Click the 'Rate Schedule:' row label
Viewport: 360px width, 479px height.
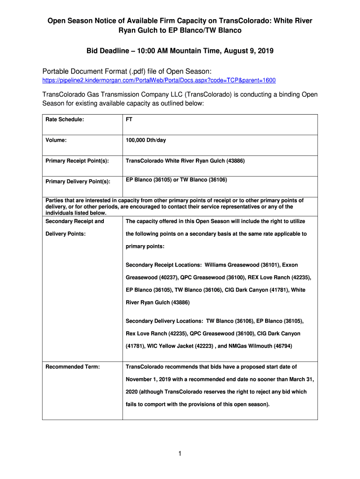click(x=65, y=120)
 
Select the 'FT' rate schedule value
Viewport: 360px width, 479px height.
click(x=129, y=120)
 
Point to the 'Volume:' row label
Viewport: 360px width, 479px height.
click(x=56, y=140)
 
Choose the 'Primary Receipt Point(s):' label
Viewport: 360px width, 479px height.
click(x=77, y=161)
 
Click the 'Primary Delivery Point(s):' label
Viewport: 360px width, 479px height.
click(x=78, y=181)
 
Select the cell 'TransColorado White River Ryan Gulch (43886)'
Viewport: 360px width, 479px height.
click(x=185, y=161)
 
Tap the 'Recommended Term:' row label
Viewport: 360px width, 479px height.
click(x=72, y=367)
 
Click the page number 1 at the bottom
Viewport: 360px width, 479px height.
click(x=180, y=453)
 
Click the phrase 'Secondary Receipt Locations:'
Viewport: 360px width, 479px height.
click(x=160, y=265)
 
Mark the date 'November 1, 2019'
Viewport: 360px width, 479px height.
click(x=149, y=379)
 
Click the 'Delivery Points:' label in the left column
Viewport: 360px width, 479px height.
click(x=65, y=234)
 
